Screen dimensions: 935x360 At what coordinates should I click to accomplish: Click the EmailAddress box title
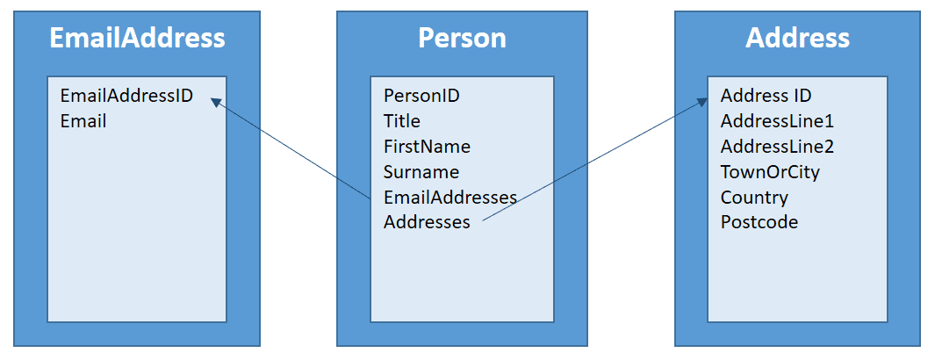pyautogui.click(x=137, y=38)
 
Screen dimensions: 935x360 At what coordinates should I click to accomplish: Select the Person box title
pyautogui.click(x=462, y=38)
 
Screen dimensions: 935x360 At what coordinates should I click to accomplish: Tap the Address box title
pyautogui.click(x=797, y=38)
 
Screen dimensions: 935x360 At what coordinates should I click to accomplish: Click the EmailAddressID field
pyautogui.click(x=126, y=96)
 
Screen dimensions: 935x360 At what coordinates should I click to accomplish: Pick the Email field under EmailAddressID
pyautogui.click(x=83, y=121)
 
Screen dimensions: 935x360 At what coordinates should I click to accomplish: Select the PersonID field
pyautogui.click(x=421, y=96)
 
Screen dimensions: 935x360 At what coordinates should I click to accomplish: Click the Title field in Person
pyautogui.click(x=402, y=121)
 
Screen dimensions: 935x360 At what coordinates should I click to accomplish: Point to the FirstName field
pyautogui.click(x=427, y=147)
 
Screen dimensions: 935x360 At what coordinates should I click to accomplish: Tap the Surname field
pyautogui.click(x=421, y=172)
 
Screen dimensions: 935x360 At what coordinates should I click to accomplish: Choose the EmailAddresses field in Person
pyautogui.click(x=450, y=198)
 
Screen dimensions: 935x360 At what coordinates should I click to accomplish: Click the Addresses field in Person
pyautogui.click(x=427, y=222)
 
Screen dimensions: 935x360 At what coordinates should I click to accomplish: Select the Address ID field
pyautogui.click(x=766, y=96)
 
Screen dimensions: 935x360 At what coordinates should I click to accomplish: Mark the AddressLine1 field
pyautogui.click(x=777, y=121)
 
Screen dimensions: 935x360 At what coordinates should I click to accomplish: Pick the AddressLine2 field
pyautogui.click(x=777, y=147)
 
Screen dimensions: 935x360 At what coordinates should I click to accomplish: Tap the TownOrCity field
pyautogui.click(x=771, y=172)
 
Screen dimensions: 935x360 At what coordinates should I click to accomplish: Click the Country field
pyautogui.click(x=754, y=198)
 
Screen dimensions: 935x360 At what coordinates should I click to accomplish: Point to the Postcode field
pyautogui.click(x=759, y=222)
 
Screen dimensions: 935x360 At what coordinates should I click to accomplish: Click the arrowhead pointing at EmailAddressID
pyautogui.click(x=216, y=103)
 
